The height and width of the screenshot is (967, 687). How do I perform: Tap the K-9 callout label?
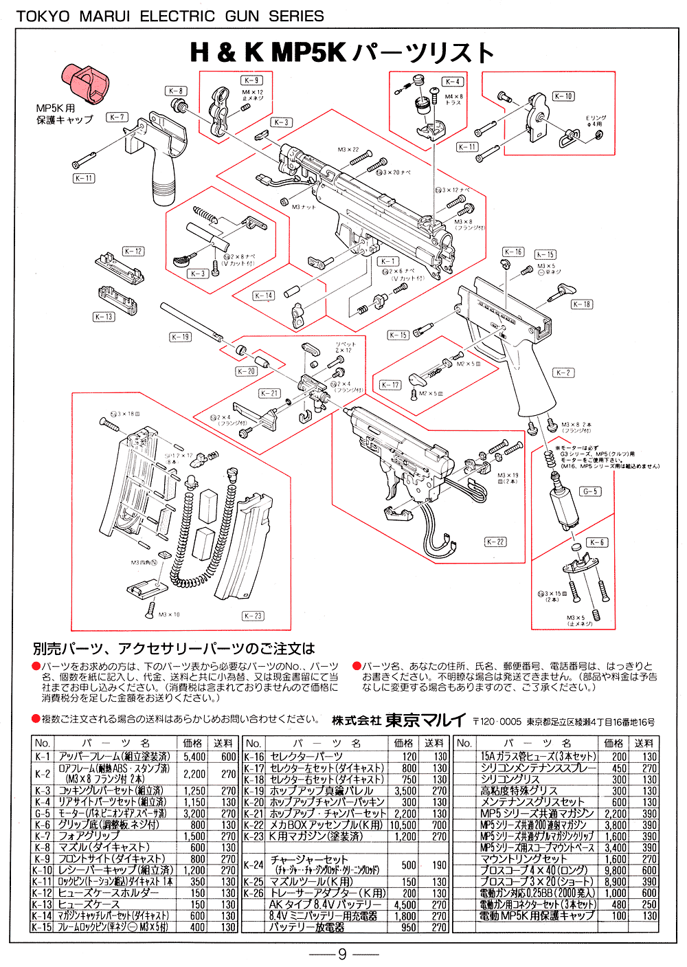(252, 80)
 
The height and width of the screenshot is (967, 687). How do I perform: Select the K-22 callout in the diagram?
(495, 542)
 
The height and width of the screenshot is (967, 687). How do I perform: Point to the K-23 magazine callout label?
(253, 616)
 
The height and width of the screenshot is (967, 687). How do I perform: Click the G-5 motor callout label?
(590, 491)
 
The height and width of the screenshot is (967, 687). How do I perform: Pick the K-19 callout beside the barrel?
(181, 337)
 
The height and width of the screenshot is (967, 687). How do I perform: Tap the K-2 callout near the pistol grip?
(563, 373)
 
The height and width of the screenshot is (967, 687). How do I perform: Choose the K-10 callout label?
(563, 96)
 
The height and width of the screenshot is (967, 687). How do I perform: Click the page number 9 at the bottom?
(342, 954)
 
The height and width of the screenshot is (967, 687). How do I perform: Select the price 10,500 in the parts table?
(404, 825)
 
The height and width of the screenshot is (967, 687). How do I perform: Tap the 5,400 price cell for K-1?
(194, 757)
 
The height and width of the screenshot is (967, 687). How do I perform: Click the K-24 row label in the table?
(254, 865)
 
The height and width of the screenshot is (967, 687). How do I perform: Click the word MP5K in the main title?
(308, 52)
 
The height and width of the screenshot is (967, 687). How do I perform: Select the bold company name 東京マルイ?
(425, 720)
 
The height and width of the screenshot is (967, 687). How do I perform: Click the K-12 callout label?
(133, 252)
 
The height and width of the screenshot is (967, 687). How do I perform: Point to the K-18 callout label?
(582, 304)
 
